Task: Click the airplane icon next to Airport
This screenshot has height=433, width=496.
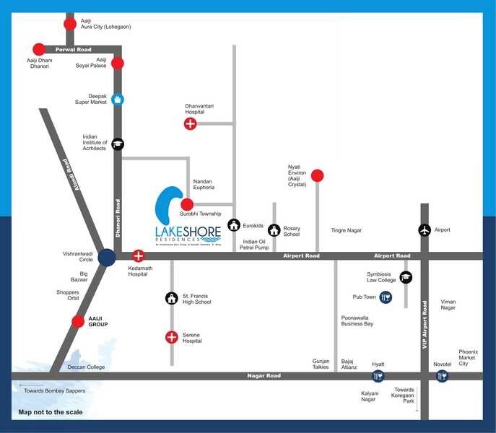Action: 425,230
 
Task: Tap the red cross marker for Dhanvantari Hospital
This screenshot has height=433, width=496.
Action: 190,124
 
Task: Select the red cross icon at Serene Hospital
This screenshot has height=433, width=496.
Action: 172,337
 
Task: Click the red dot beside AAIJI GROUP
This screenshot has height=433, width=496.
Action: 78,322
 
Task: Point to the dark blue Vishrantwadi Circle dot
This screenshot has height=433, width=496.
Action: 108,257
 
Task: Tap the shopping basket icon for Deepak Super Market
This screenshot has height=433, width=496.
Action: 117,100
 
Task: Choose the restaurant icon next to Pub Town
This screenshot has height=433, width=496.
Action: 386,297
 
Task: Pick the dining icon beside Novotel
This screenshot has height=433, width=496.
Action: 442,376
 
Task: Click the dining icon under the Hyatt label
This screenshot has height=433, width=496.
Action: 378,376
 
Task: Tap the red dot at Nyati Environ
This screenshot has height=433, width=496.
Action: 317,175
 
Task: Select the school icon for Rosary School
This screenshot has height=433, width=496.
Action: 274,230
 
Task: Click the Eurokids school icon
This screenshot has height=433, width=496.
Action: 234,225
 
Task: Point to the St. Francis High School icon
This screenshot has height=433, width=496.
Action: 172,297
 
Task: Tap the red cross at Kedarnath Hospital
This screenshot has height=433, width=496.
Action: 138,256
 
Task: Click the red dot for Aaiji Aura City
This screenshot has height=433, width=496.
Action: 70,24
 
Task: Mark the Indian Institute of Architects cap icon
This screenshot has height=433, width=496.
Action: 117,144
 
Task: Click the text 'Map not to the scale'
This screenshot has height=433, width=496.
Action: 51,413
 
